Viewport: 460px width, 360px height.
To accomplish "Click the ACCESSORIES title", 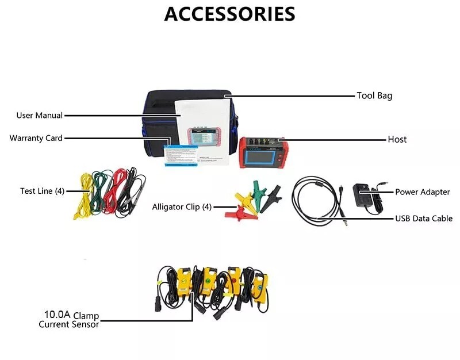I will [229, 14].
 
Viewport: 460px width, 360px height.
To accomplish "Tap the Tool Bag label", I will [374, 95].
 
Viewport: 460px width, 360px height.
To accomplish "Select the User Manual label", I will [39, 116].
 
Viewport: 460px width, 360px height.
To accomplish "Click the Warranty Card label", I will [36, 138].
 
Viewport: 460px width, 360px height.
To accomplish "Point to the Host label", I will [397, 139].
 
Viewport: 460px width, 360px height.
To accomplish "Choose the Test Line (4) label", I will [42, 191].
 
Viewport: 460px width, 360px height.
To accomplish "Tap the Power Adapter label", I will [422, 192].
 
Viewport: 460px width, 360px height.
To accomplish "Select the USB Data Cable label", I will [423, 219].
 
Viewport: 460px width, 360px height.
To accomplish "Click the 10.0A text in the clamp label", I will [57, 315].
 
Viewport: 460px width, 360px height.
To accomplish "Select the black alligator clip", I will [272, 197].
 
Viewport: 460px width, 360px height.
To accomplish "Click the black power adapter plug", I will [363, 196].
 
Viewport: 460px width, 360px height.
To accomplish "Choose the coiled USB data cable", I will [313, 198].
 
